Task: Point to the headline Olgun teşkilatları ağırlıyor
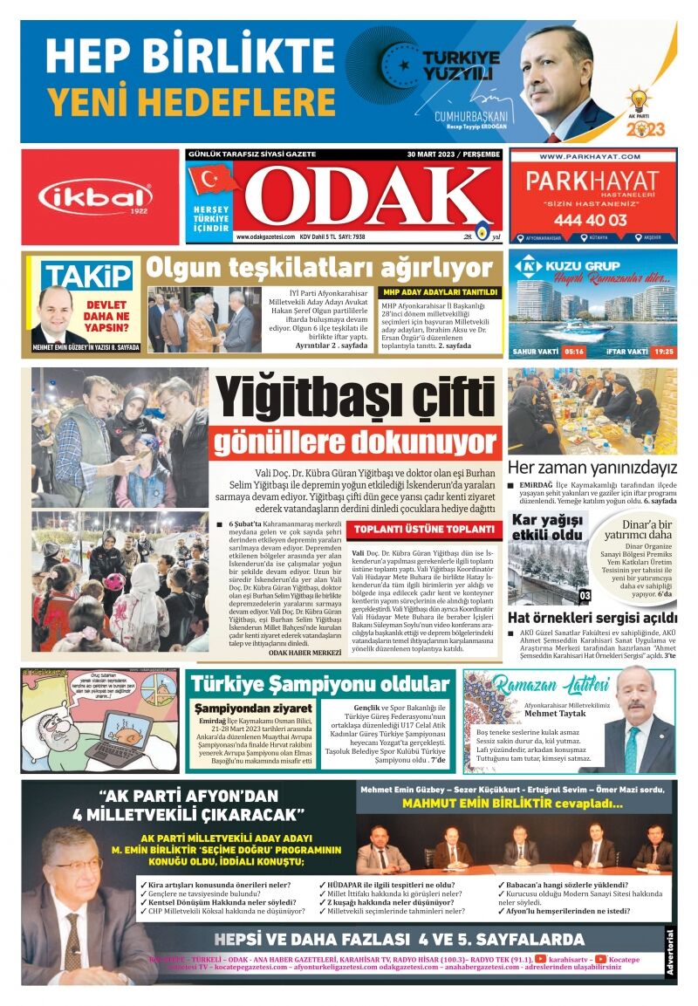(x=319, y=267)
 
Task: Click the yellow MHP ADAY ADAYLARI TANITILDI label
(x=440, y=291)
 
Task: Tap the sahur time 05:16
(x=573, y=352)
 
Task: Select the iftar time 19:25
(x=662, y=352)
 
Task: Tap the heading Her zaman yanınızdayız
(x=592, y=466)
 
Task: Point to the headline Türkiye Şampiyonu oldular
(x=321, y=683)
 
